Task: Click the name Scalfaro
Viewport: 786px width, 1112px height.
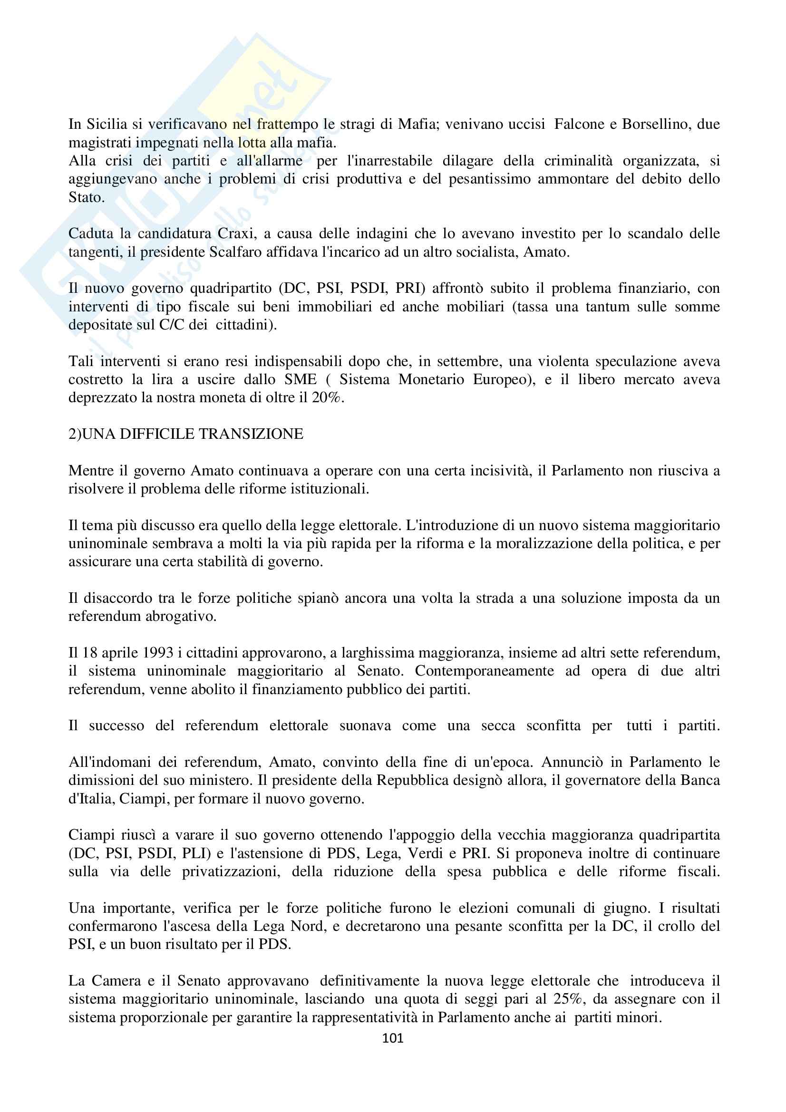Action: [x=235, y=252]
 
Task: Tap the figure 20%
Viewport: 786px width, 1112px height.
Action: [x=327, y=398]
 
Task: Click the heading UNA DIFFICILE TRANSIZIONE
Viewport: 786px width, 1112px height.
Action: [x=192, y=435]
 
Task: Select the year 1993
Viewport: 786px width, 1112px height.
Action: [x=158, y=653]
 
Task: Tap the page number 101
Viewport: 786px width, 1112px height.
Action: [x=393, y=1038]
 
